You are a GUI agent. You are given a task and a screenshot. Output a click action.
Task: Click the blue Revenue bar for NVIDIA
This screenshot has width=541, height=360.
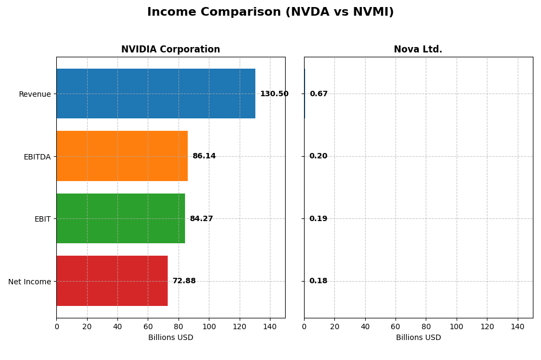tap(156, 94)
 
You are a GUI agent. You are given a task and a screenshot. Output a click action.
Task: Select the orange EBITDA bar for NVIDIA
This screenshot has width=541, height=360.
tap(122, 156)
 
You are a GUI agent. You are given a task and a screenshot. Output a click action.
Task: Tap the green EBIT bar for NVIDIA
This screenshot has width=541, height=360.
tap(121, 218)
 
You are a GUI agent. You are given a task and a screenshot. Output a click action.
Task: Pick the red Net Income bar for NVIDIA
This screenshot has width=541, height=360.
tap(112, 281)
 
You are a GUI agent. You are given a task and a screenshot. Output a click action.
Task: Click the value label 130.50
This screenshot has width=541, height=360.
tap(274, 94)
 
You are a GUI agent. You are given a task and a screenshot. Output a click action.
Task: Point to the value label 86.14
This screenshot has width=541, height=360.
tap(204, 156)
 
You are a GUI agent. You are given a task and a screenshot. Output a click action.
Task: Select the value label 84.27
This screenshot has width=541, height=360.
tap(201, 219)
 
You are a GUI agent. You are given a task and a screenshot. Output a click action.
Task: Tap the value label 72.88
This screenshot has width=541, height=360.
tap(184, 281)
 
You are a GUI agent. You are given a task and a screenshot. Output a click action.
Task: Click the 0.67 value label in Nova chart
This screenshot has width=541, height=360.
tap(319, 94)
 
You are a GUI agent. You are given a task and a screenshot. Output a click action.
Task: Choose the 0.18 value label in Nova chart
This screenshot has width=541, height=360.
tap(318, 281)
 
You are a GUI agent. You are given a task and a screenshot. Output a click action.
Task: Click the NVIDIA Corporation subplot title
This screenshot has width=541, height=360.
tap(170, 50)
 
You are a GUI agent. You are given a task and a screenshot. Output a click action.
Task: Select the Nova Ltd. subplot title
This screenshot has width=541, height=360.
tap(418, 50)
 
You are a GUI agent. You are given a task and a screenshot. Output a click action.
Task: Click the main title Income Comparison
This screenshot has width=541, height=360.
tap(270, 12)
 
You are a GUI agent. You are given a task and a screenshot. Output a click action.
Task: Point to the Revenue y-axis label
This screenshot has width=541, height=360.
tap(35, 95)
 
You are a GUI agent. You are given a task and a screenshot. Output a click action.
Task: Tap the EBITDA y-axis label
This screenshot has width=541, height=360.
tap(37, 157)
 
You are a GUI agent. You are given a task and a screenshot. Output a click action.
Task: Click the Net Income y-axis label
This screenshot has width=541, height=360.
tap(29, 282)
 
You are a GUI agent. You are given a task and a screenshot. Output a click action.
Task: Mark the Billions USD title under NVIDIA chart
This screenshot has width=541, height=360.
tap(170, 338)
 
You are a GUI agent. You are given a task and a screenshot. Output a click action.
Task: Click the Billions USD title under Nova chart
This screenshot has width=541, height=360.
tap(418, 338)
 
